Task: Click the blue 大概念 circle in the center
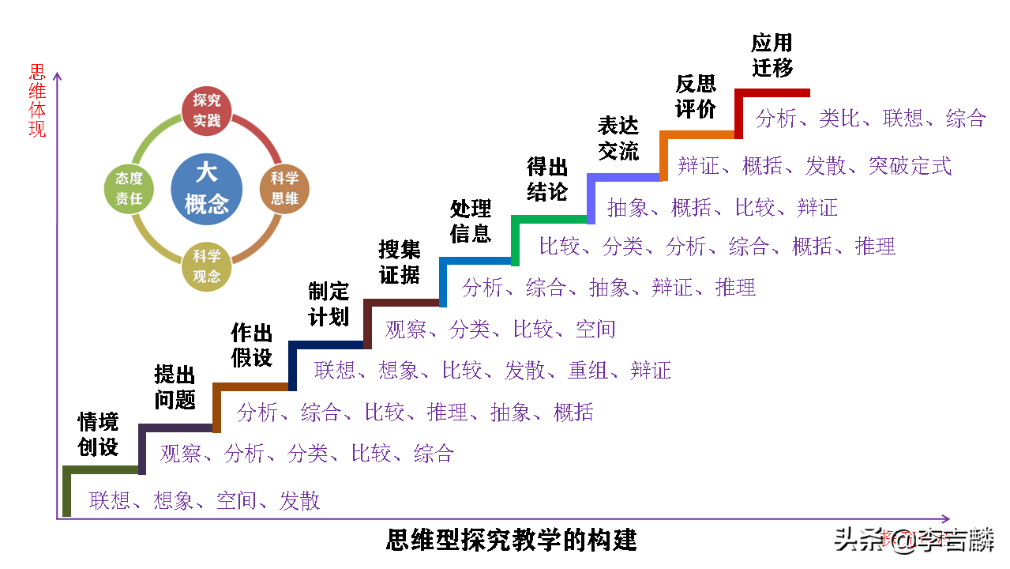(x=207, y=188)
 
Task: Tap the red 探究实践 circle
(x=212, y=111)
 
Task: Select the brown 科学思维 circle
(x=284, y=189)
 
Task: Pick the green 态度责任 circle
(x=129, y=189)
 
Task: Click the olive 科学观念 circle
(x=207, y=266)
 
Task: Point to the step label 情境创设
(x=98, y=435)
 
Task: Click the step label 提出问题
(x=175, y=387)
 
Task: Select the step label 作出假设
(x=252, y=345)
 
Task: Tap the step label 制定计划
(x=329, y=304)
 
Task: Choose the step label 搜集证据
(x=400, y=262)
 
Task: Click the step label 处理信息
(x=471, y=221)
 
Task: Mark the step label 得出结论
(x=547, y=179)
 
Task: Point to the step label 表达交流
(x=618, y=138)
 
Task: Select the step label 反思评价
(x=696, y=96)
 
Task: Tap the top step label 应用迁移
(x=772, y=55)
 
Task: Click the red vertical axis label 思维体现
(x=38, y=100)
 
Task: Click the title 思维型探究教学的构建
(x=512, y=541)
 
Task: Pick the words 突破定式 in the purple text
(x=911, y=166)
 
